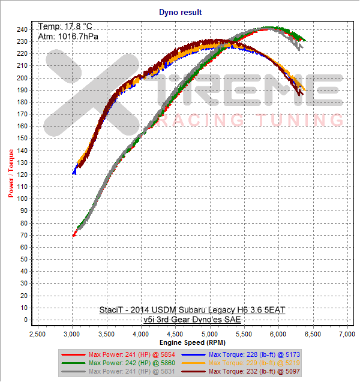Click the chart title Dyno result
click(x=180, y=11)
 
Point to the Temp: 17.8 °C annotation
click(x=66, y=26)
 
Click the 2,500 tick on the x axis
click(x=37, y=333)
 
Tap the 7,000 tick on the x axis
click(x=347, y=333)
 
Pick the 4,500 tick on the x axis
click(x=175, y=333)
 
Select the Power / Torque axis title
click(x=11, y=175)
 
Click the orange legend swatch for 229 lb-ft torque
click(x=196, y=363)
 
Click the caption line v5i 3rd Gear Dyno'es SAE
click(x=192, y=320)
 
